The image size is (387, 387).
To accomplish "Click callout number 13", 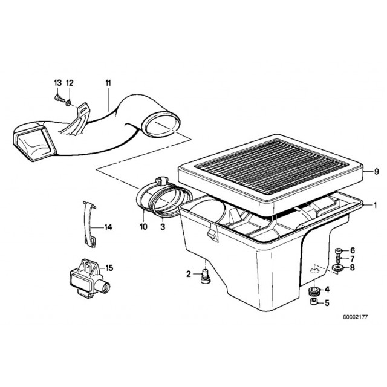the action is click(x=57, y=83).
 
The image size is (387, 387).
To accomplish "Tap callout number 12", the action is click(x=70, y=83).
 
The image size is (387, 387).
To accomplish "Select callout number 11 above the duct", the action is click(x=108, y=83).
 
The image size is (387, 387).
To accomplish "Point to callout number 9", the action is click(x=376, y=171).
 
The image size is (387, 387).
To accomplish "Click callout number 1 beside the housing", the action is click(x=375, y=205).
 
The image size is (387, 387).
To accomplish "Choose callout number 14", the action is click(x=108, y=227).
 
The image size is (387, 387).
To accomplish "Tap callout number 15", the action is click(x=109, y=268).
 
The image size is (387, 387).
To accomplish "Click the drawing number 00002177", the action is click(x=355, y=317).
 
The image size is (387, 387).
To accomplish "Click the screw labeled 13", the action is click(x=59, y=99).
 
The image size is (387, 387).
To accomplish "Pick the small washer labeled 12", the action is click(x=68, y=102).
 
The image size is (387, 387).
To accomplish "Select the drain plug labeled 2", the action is click(x=205, y=277).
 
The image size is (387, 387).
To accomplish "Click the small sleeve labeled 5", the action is click(x=314, y=302).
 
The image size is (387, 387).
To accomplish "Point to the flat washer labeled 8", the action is click(x=337, y=267).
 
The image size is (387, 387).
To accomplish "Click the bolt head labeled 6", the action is click(x=338, y=251).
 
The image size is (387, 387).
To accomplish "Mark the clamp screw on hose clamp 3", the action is click(x=161, y=181).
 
